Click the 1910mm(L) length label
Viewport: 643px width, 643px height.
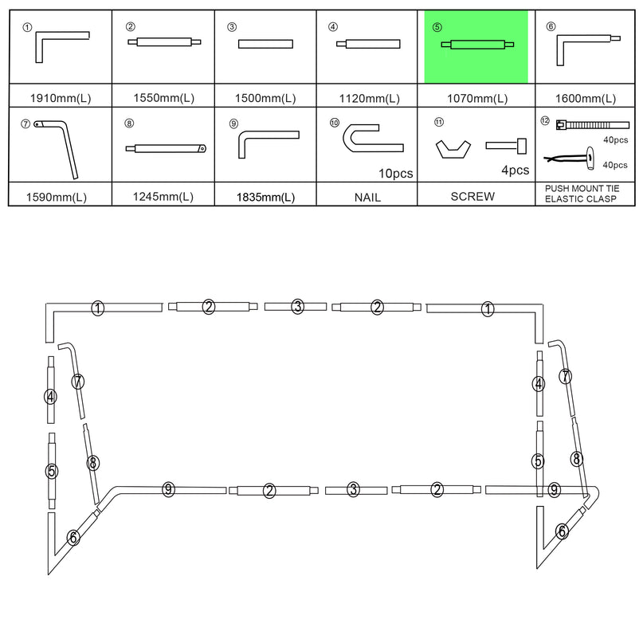(x=60, y=99)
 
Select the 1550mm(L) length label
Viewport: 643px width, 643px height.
(x=163, y=99)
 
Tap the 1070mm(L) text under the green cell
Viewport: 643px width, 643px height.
(x=476, y=99)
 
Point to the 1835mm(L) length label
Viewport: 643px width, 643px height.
(x=266, y=197)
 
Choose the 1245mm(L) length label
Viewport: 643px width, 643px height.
(x=163, y=197)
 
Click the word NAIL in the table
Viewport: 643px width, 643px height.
(x=367, y=197)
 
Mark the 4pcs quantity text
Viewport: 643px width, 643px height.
(x=514, y=170)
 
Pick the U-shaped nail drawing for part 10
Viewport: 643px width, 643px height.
(x=372, y=139)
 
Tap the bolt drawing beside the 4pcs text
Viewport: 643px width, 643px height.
(x=507, y=144)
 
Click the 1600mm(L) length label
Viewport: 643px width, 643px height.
(x=586, y=99)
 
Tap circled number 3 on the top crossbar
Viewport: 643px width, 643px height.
(x=297, y=307)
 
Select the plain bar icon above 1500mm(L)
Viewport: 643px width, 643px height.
(x=266, y=45)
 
